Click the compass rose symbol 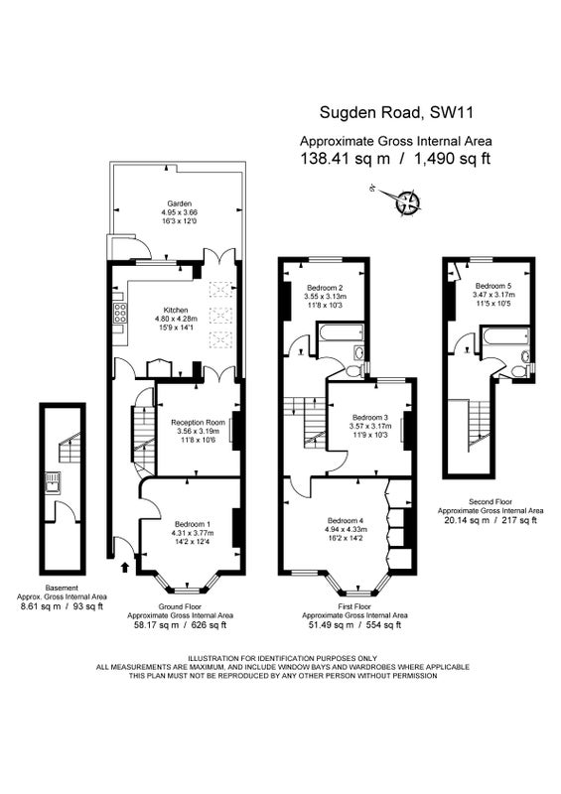[408, 201]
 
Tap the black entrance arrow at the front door [125, 566]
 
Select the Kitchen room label [176, 310]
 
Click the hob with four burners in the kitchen [119, 314]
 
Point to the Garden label [179, 204]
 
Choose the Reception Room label [198, 423]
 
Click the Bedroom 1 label [192, 524]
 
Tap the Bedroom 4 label [346, 520]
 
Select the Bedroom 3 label [370, 418]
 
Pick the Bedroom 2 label [325, 288]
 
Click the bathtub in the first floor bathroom [340, 332]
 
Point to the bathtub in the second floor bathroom [505, 336]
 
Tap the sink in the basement [53, 482]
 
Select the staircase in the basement [69, 446]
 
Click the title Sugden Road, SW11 [396, 112]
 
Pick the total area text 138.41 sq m [346, 159]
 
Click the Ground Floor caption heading [180, 606]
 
